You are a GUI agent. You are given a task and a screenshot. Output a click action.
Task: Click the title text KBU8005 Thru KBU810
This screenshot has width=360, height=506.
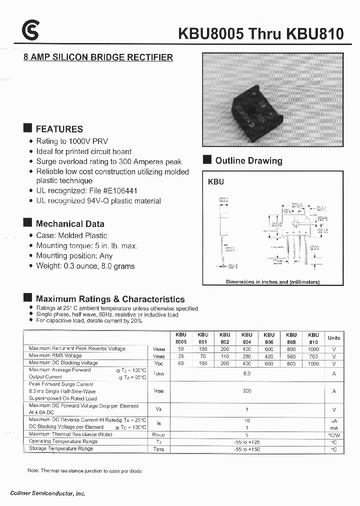tap(261, 34)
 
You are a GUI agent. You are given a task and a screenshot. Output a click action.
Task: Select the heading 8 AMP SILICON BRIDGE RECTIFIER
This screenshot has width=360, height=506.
tap(98, 57)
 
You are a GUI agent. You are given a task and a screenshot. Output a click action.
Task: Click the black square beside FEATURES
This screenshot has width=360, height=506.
tap(28, 127)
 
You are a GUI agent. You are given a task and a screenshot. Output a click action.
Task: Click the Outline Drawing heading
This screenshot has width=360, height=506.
tap(248, 160)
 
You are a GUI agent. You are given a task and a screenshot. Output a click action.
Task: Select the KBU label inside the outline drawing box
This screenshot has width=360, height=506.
tap(215, 182)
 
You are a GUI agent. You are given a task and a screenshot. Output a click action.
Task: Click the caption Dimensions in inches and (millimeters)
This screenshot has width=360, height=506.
tap(272, 282)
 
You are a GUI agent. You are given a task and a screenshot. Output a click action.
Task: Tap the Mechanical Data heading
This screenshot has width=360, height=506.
tap(70, 223)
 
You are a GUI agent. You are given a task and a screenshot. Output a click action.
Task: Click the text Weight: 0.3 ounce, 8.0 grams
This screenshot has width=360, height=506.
tap(85, 266)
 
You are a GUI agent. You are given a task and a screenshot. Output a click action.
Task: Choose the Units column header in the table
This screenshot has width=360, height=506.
tap(333, 338)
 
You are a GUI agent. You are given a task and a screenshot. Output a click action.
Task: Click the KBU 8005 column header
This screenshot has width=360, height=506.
tap(180, 338)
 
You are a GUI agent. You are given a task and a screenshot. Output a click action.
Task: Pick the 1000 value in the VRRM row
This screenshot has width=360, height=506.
tap(313, 348)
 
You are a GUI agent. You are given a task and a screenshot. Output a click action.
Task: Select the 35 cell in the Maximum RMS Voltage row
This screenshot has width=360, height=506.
tap(180, 356)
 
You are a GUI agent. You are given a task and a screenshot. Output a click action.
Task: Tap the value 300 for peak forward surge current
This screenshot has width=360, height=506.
tap(246, 391)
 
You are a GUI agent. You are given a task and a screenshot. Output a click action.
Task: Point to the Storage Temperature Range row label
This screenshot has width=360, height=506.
tap(61, 448)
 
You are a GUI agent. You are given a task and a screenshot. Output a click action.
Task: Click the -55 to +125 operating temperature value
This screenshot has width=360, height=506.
tap(246, 442)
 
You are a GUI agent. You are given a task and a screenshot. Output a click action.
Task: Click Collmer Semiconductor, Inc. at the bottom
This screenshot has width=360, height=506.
tap(47, 493)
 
